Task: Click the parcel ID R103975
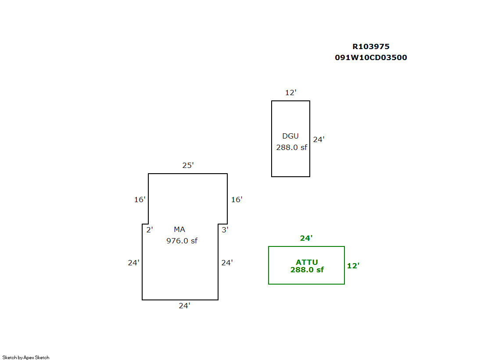pyautogui.click(x=371, y=46)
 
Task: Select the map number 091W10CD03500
pyautogui.click(x=371, y=57)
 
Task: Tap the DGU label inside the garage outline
pyautogui.click(x=290, y=136)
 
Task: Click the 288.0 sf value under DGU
pyautogui.click(x=291, y=147)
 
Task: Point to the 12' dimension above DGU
pyautogui.click(x=290, y=93)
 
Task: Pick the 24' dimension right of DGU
pyautogui.click(x=319, y=139)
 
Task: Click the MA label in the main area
pyautogui.click(x=179, y=229)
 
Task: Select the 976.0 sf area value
pyautogui.click(x=182, y=241)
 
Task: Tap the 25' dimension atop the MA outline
pyautogui.click(x=188, y=165)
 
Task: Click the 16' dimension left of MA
pyautogui.click(x=140, y=200)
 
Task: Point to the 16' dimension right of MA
pyautogui.click(x=237, y=200)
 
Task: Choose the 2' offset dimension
pyautogui.click(x=149, y=229)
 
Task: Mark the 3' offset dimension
pyautogui.click(x=225, y=229)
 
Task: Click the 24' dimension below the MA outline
pyautogui.click(x=184, y=306)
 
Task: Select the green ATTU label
pyautogui.click(x=307, y=263)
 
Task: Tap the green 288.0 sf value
pyautogui.click(x=307, y=270)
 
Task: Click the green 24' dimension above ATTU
pyautogui.click(x=306, y=238)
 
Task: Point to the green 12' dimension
pyautogui.click(x=353, y=266)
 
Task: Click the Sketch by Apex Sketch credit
pyautogui.click(x=26, y=357)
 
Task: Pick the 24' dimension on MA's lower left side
pyautogui.click(x=133, y=263)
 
